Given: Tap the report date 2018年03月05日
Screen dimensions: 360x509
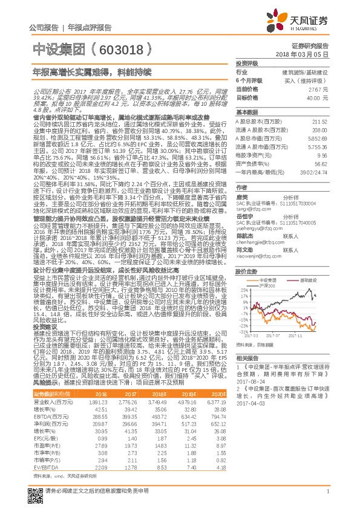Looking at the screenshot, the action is coord(307,54).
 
